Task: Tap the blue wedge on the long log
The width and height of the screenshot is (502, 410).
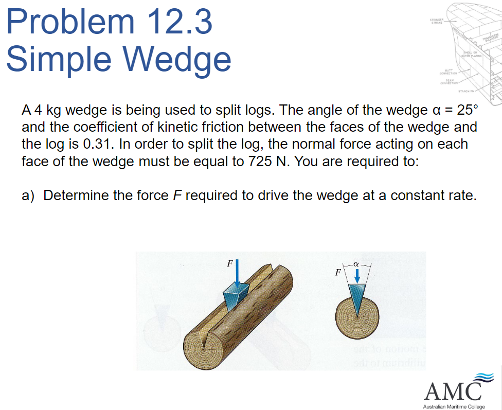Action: click(236, 295)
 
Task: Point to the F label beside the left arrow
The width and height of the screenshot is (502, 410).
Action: click(230, 263)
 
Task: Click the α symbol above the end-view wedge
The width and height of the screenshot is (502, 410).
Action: click(355, 263)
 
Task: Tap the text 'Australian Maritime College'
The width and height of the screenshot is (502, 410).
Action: click(453, 406)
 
